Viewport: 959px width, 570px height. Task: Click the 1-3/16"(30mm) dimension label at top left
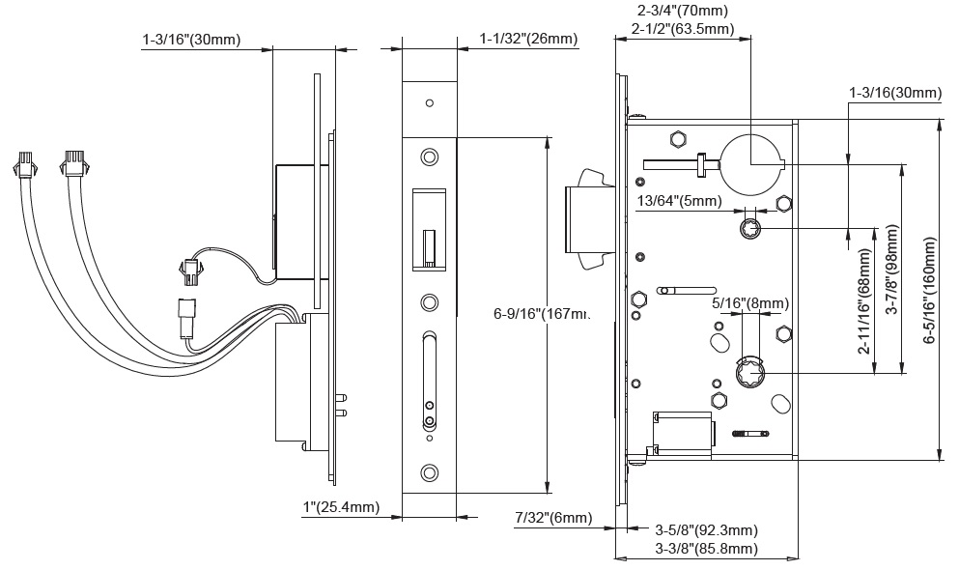(x=190, y=40)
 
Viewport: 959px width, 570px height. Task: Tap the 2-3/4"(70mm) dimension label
(x=683, y=11)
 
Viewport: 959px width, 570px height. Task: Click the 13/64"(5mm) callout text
(x=679, y=201)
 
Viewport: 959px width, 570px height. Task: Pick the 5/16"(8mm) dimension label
(x=749, y=302)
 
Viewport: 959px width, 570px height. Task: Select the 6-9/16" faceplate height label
(x=541, y=313)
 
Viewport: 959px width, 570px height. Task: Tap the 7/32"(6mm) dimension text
(x=552, y=519)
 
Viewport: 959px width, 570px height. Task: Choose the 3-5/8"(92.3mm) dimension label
(x=706, y=530)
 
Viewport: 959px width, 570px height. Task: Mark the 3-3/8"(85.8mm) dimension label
(x=706, y=549)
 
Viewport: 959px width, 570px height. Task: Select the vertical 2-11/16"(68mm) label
(x=864, y=299)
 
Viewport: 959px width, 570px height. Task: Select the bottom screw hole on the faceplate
(x=429, y=471)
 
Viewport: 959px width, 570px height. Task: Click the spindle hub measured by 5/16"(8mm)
(x=748, y=373)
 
